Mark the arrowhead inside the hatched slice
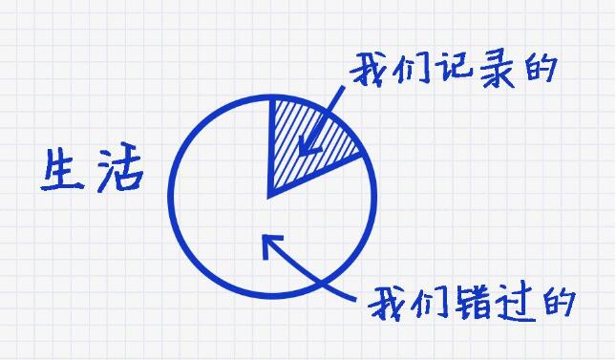tap(306, 149)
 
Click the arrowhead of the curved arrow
tap(268, 243)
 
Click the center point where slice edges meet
tap(271, 195)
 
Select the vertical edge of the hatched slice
tap(271, 143)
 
